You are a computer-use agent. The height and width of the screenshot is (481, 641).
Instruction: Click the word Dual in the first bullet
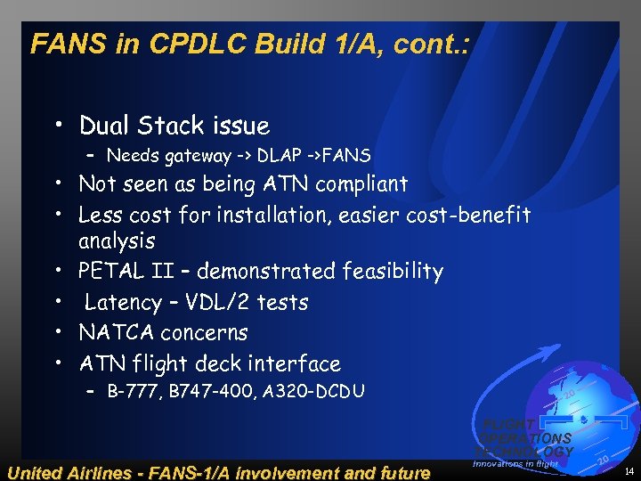107,126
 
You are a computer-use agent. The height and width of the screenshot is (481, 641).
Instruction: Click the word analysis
117,240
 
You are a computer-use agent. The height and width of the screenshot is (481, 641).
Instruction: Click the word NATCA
116,332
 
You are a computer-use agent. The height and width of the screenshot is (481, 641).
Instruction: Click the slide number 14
629,469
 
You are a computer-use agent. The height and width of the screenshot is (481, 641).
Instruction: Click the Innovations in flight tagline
515,463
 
